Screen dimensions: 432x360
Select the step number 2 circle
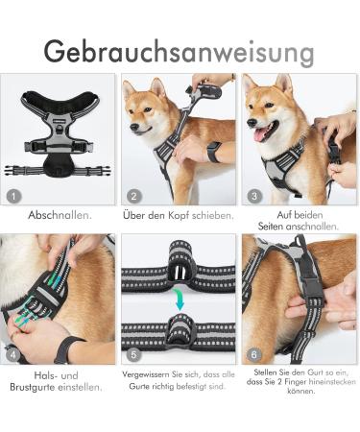pyautogui.click(x=134, y=195)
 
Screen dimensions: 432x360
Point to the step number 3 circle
pyautogui.click(x=253, y=195)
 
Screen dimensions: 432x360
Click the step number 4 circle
pyautogui.click(x=13, y=355)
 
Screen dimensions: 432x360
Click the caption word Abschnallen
pyautogui.click(x=60, y=215)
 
